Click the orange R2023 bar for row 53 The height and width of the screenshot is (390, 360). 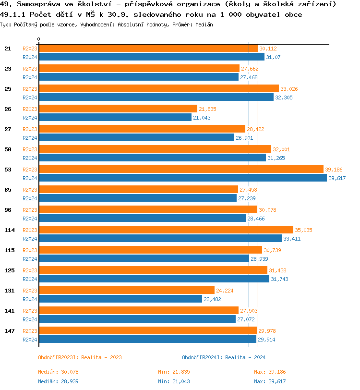181,169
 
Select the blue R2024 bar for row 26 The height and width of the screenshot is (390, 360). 115,117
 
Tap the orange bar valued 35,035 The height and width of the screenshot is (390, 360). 166,230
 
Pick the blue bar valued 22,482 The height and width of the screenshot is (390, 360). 120,299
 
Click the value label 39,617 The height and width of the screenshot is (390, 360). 337,178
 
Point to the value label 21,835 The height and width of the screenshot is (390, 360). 207,109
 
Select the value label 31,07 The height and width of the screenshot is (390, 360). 274,57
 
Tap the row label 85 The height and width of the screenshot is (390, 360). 8,190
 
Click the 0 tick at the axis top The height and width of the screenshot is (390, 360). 39,39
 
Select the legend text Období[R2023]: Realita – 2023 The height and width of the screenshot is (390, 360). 80,357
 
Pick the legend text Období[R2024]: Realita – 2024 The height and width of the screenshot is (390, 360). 224,357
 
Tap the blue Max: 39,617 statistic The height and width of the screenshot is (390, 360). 270,381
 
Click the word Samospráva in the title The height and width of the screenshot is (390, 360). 34,4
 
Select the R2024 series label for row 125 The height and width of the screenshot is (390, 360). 30,279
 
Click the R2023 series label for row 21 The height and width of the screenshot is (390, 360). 30,49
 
